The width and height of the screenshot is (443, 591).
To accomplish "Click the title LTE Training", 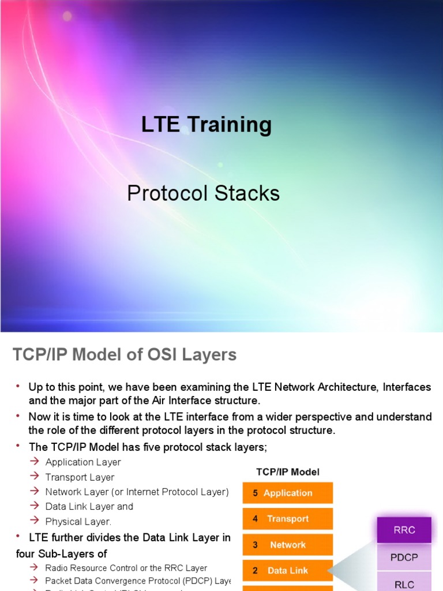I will click(x=206, y=124).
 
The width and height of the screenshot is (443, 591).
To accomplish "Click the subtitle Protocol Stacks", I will click(x=203, y=193).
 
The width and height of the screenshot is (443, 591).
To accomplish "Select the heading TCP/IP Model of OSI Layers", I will click(x=125, y=354).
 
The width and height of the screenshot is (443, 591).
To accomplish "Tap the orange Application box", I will click(x=287, y=493).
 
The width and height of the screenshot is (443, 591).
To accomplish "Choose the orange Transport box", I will click(x=287, y=519).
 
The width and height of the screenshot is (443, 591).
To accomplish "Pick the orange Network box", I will click(x=287, y=545).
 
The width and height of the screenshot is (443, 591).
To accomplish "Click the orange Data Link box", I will click(x=287, y=571).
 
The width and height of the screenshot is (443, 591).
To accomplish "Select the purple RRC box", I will click(x=404, y=530).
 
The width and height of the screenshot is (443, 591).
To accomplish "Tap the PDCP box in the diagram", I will click(x=404, y=558).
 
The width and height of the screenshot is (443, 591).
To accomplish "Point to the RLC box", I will click(x=404, y=583).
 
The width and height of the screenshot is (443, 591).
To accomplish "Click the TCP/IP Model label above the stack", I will click(x=288, y=472).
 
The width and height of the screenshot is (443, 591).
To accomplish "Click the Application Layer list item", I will click(x=83, y=462).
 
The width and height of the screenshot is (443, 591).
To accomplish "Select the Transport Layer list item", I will click(x=80, y=477).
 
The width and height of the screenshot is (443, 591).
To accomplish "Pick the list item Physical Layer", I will click(x=78, y=522).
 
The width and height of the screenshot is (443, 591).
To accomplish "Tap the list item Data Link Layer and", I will click(x=89, y=507).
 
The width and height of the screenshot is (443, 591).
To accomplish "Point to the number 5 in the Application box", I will click(x=256, y=493).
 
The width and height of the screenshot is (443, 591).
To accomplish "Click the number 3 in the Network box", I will click(x=256, y=545).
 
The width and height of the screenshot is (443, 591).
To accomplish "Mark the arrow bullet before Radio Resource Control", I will click(x=35, y=568).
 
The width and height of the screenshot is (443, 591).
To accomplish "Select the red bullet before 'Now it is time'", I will click(x=17, y=416).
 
